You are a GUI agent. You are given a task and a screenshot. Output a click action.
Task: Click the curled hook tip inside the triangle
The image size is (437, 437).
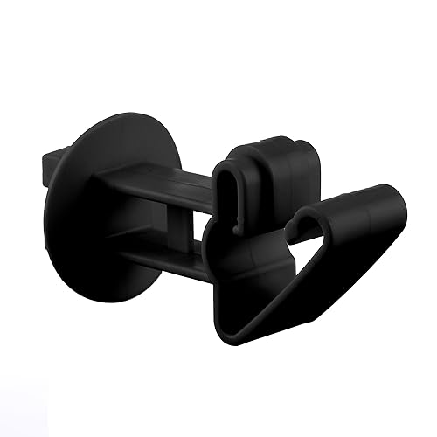306,218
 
